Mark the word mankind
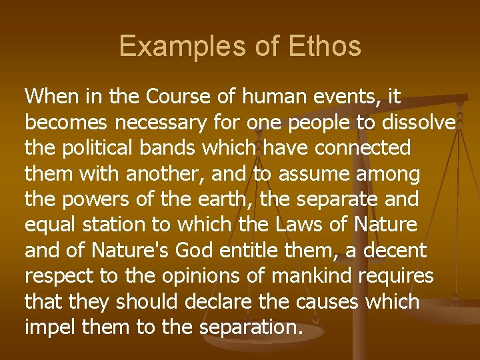(299, 277)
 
